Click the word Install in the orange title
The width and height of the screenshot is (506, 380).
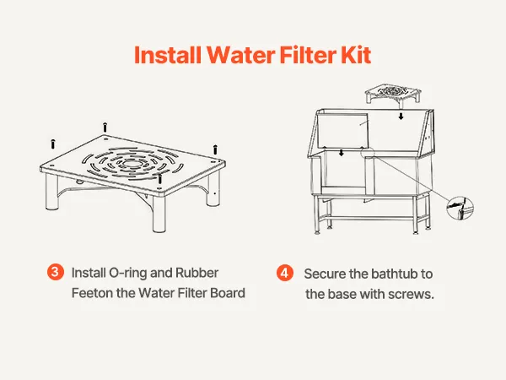pyautogui.click(x=168, y=55)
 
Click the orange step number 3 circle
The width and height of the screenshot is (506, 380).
pyautogui.click(x=55, y=272)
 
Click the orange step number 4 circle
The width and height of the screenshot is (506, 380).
pyautogui.click(x=285, y=273)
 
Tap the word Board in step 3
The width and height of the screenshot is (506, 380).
pyautogui.click(x=228, y=293)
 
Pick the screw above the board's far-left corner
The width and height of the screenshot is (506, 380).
pyautogui.click(x=53, y=144)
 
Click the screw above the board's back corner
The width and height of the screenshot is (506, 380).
pyautogui.click(x=105, y=127)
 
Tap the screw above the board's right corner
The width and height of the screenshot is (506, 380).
pyautogui.click(x=215, y=149)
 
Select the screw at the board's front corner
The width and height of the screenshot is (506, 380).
pyautogui.click(x=159, y=179)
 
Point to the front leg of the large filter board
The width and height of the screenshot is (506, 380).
pyautogui.click(x=159, y=213)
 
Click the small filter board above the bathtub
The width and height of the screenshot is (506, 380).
pyautogui.click(x=393, y=93)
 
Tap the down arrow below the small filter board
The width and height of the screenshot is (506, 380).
pyautogui.click(x=401, y=117)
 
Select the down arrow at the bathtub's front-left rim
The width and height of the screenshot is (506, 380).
pyautogui.click(x=342, y=153)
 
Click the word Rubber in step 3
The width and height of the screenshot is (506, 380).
pyautogui.click(x=196, y=273)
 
